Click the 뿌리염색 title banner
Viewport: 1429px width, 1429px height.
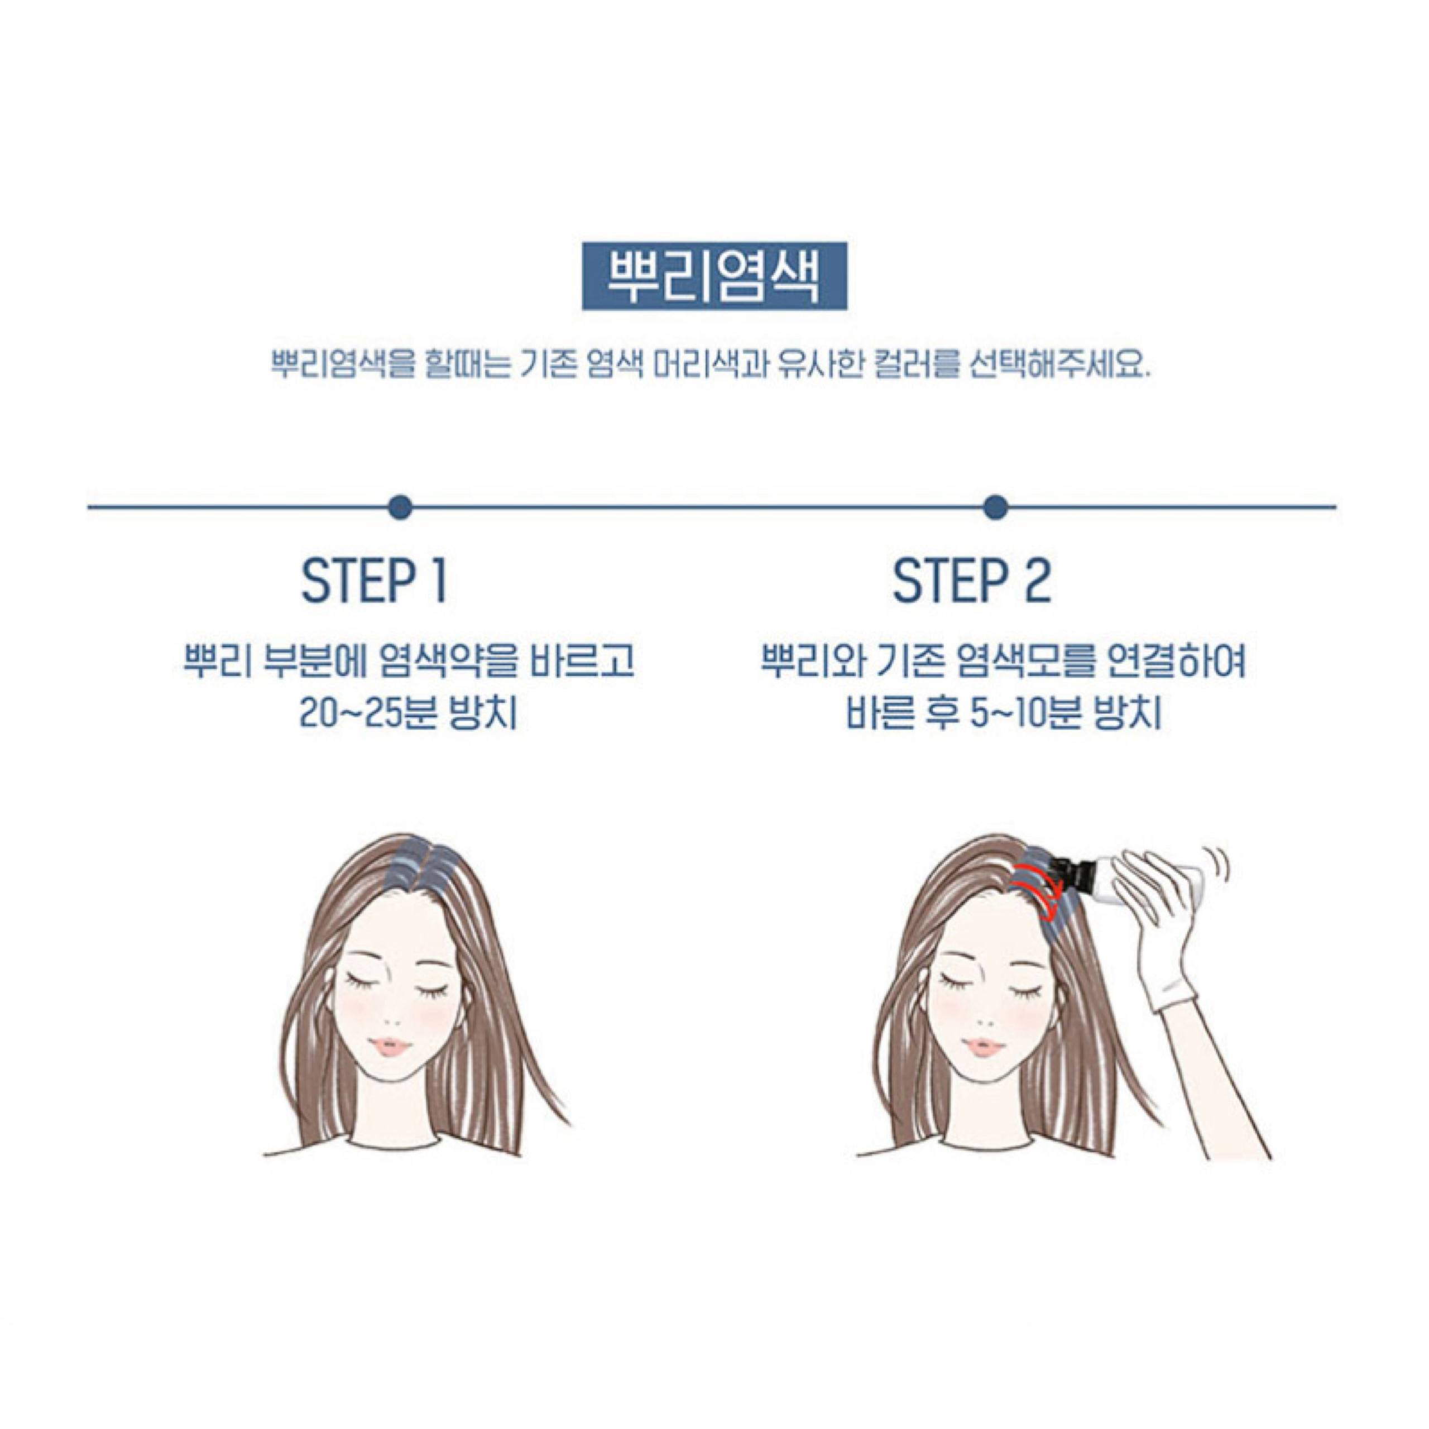714,275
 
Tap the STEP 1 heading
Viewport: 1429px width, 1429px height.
374,581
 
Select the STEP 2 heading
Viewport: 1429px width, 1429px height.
971,581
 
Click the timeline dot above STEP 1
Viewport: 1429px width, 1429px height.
400,507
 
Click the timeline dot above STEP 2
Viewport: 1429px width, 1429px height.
996,507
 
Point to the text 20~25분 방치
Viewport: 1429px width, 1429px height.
408,714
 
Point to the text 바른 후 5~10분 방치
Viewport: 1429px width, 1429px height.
1003,714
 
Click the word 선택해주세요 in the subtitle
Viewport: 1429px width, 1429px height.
1058,366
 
